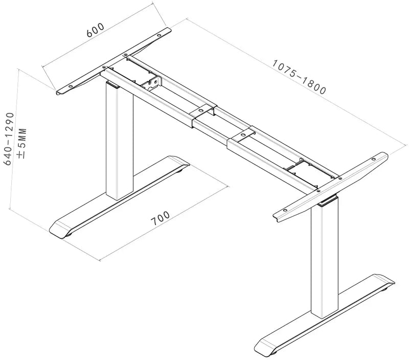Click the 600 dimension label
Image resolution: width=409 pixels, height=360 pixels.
coord(96,30)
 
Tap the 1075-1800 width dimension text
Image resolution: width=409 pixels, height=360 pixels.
coord(299,77)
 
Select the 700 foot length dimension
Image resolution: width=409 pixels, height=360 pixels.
coord(160,218)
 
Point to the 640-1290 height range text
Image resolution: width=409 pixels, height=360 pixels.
coord(9,139)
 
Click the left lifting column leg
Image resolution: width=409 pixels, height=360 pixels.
coord(120,141)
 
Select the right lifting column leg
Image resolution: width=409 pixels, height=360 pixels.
coord(325,258)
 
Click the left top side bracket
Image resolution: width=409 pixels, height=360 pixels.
coord(113,61)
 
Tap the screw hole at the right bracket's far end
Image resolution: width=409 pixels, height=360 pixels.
coord(374,159)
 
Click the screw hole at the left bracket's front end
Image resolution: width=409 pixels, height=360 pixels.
coord(70,86)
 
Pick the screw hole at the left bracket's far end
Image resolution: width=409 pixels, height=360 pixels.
coord(159,35)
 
